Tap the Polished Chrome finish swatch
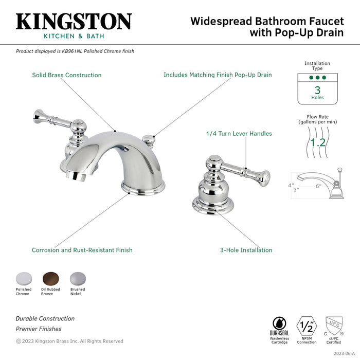click(x=23, y=278)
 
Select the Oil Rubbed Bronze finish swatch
click(x=50, y=278)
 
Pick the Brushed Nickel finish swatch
click(x=77, y=278)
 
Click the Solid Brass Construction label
click(x=67, y=75)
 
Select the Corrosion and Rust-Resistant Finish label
click(x=82, y=250)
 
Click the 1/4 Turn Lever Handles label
click(x=239, y=134)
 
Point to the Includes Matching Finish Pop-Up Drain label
click(x=218, y=75)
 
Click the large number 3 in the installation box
click(x=317, y=89)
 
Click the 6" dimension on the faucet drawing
click(x=318, y=187)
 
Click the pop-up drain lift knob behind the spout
click(x=149, y=139)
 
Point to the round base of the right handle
click(x=210, y=206)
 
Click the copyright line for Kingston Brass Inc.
click(x=69, y=341)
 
